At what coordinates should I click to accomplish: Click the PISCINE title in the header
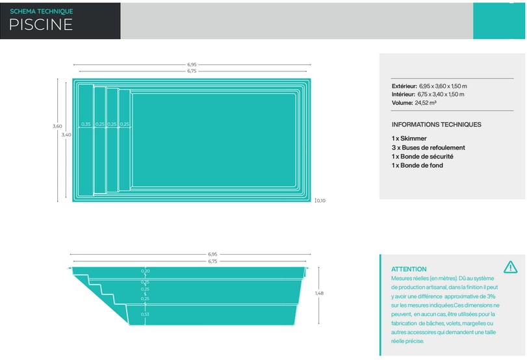pos(41,25)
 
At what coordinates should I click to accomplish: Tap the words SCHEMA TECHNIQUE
pos(42,11)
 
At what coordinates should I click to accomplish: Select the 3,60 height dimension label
pos(57,126)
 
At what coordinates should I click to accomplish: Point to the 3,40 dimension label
pos(66,135)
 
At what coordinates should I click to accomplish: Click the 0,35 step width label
pos(86,124)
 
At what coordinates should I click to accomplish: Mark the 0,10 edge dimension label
pos(321,201)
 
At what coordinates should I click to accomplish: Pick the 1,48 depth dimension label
pos(319,293)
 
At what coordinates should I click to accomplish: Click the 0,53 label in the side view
pos(145,315)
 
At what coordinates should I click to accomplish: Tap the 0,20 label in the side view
pos(145,271)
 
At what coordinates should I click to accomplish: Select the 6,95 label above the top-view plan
pos(192,64)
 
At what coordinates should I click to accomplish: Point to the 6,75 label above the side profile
pos(212,261)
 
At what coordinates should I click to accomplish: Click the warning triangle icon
pos(511,267)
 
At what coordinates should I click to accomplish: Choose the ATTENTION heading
pos(409,269)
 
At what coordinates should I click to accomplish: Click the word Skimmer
pos(414,138)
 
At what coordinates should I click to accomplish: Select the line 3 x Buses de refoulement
pos(428,148)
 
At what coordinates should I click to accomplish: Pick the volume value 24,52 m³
pos(426,103)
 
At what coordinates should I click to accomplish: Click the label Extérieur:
pos(404,86)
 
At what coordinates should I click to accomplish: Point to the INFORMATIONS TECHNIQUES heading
pos(436,124)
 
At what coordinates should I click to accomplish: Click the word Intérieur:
pos(403,94)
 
